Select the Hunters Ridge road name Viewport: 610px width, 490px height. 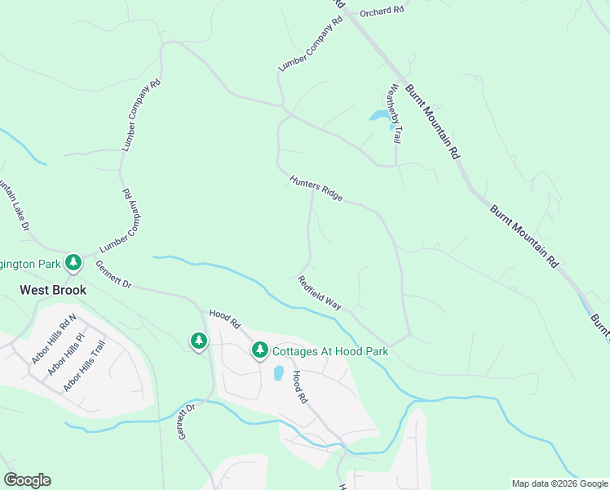[x=316, y=187]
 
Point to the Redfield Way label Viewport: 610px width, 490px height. [x=319, y=292]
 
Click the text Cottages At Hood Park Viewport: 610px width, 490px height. [x=329, y=351]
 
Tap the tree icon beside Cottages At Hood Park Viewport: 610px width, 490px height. [x=260, y=350]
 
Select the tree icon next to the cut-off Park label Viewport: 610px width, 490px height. [x=74, y=262]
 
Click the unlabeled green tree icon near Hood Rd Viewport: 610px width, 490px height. [x=199, y=341]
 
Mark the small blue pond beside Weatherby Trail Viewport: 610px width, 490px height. [x=380, y=116]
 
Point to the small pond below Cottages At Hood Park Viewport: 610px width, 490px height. [x=278, y=373]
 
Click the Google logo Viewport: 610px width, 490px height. [x=27, y=480]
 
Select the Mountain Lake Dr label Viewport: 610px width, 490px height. [x=14, y=205]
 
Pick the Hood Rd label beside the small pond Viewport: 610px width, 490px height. [x=298, y=387]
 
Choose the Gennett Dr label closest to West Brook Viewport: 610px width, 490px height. [x=113, y=274]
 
